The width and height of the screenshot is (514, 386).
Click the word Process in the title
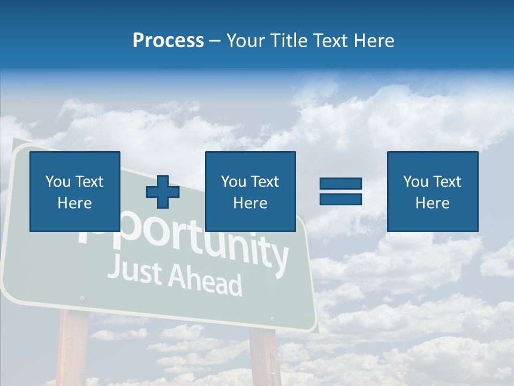(x=168, y=41)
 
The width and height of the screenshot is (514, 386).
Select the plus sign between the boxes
(x=163, y=192)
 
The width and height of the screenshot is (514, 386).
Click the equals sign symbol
(x=341, y=191)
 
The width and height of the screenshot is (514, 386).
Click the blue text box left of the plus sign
(x=75, y=191)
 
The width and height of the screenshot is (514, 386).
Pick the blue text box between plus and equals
(x=250, y=191)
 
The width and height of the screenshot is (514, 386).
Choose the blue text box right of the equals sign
(x=432, y=191)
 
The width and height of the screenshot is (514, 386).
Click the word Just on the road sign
(x=134, y=271)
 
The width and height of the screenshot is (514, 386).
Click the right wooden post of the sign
(x=264, y=356)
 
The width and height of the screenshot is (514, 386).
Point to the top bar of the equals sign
(x=341, y=184)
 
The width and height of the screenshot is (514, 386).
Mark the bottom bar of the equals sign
(x=341, y=199)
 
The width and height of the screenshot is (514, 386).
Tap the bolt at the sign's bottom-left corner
(x=82, y=298)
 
